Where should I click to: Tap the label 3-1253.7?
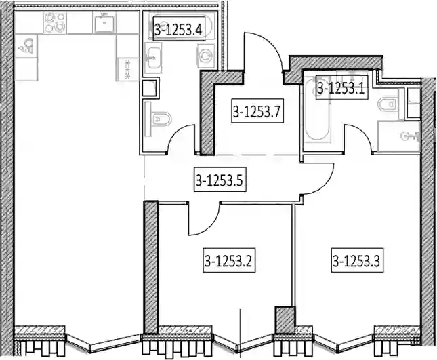pos(256,112)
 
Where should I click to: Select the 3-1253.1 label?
pos(341,87)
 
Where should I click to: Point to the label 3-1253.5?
pos(219,180)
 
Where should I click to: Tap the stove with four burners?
pos(53,24)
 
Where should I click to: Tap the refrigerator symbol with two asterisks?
pos(127,67)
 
